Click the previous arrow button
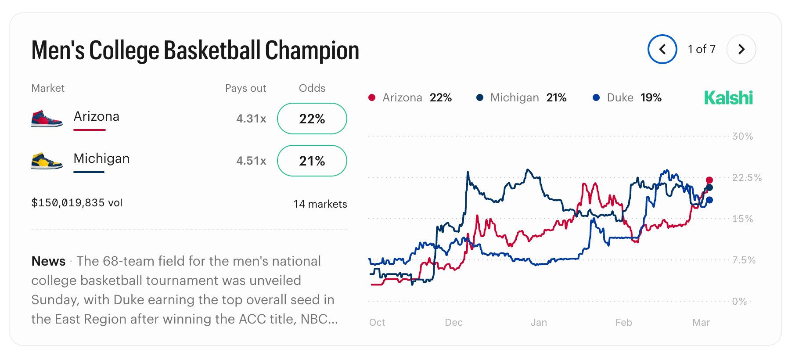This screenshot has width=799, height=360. (662, 49)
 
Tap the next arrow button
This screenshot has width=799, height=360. (741, 49)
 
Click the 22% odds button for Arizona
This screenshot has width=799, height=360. (312, 119)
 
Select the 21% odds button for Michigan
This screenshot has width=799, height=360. (312, 161)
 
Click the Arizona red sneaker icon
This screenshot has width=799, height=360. (47, 119)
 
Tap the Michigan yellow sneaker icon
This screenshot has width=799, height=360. (47, 161)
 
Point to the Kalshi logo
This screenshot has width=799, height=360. (728, 97)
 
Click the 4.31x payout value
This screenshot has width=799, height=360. (251, 119)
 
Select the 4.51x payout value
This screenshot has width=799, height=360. (251, 161)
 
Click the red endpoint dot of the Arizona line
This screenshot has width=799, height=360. (709, 180)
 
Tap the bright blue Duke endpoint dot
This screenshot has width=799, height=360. (709, 200)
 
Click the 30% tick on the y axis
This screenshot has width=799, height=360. (742, 136)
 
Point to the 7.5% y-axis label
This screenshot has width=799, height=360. (744, 260)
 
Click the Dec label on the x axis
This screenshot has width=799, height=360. (453, 322)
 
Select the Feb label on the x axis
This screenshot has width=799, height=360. (623, 322)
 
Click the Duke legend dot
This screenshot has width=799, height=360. (596, 97)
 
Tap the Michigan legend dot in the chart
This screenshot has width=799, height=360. (480, 97)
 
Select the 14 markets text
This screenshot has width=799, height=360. (320, 204)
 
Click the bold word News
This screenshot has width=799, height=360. (48, 261)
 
